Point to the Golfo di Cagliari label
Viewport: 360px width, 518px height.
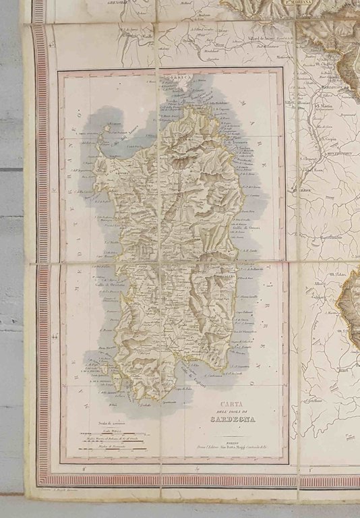(182, 370)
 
